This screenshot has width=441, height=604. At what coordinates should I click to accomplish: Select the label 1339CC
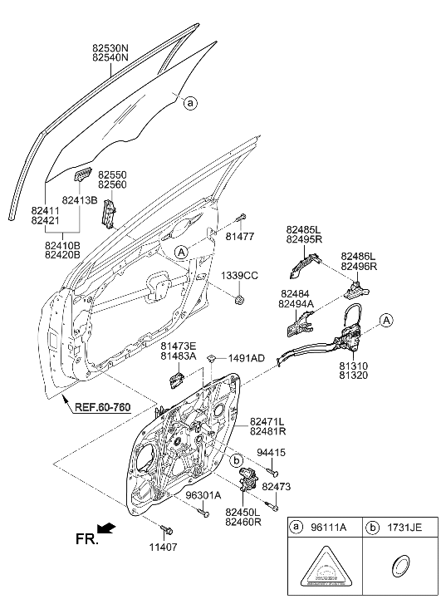point(239,275)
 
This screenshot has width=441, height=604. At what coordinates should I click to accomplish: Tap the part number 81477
point(239,235)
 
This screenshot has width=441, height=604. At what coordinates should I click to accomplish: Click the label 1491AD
point(246,358)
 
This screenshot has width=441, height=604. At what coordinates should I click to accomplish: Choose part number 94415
point(270,453)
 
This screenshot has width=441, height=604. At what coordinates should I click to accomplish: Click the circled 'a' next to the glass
point(190,104)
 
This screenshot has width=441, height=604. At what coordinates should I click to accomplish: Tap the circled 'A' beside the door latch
point(385,321)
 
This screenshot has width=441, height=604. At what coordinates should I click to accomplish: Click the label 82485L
point(304,228)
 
